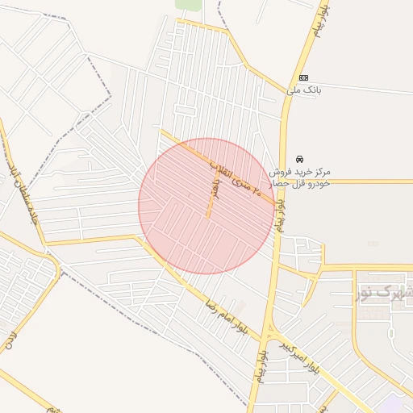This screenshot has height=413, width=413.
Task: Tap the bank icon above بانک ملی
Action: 303,77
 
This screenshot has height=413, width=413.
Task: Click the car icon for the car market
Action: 300,159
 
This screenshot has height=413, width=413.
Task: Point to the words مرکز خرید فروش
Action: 302,172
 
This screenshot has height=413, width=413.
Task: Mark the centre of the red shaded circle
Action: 206,206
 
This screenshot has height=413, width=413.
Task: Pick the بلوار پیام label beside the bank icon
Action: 316,32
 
